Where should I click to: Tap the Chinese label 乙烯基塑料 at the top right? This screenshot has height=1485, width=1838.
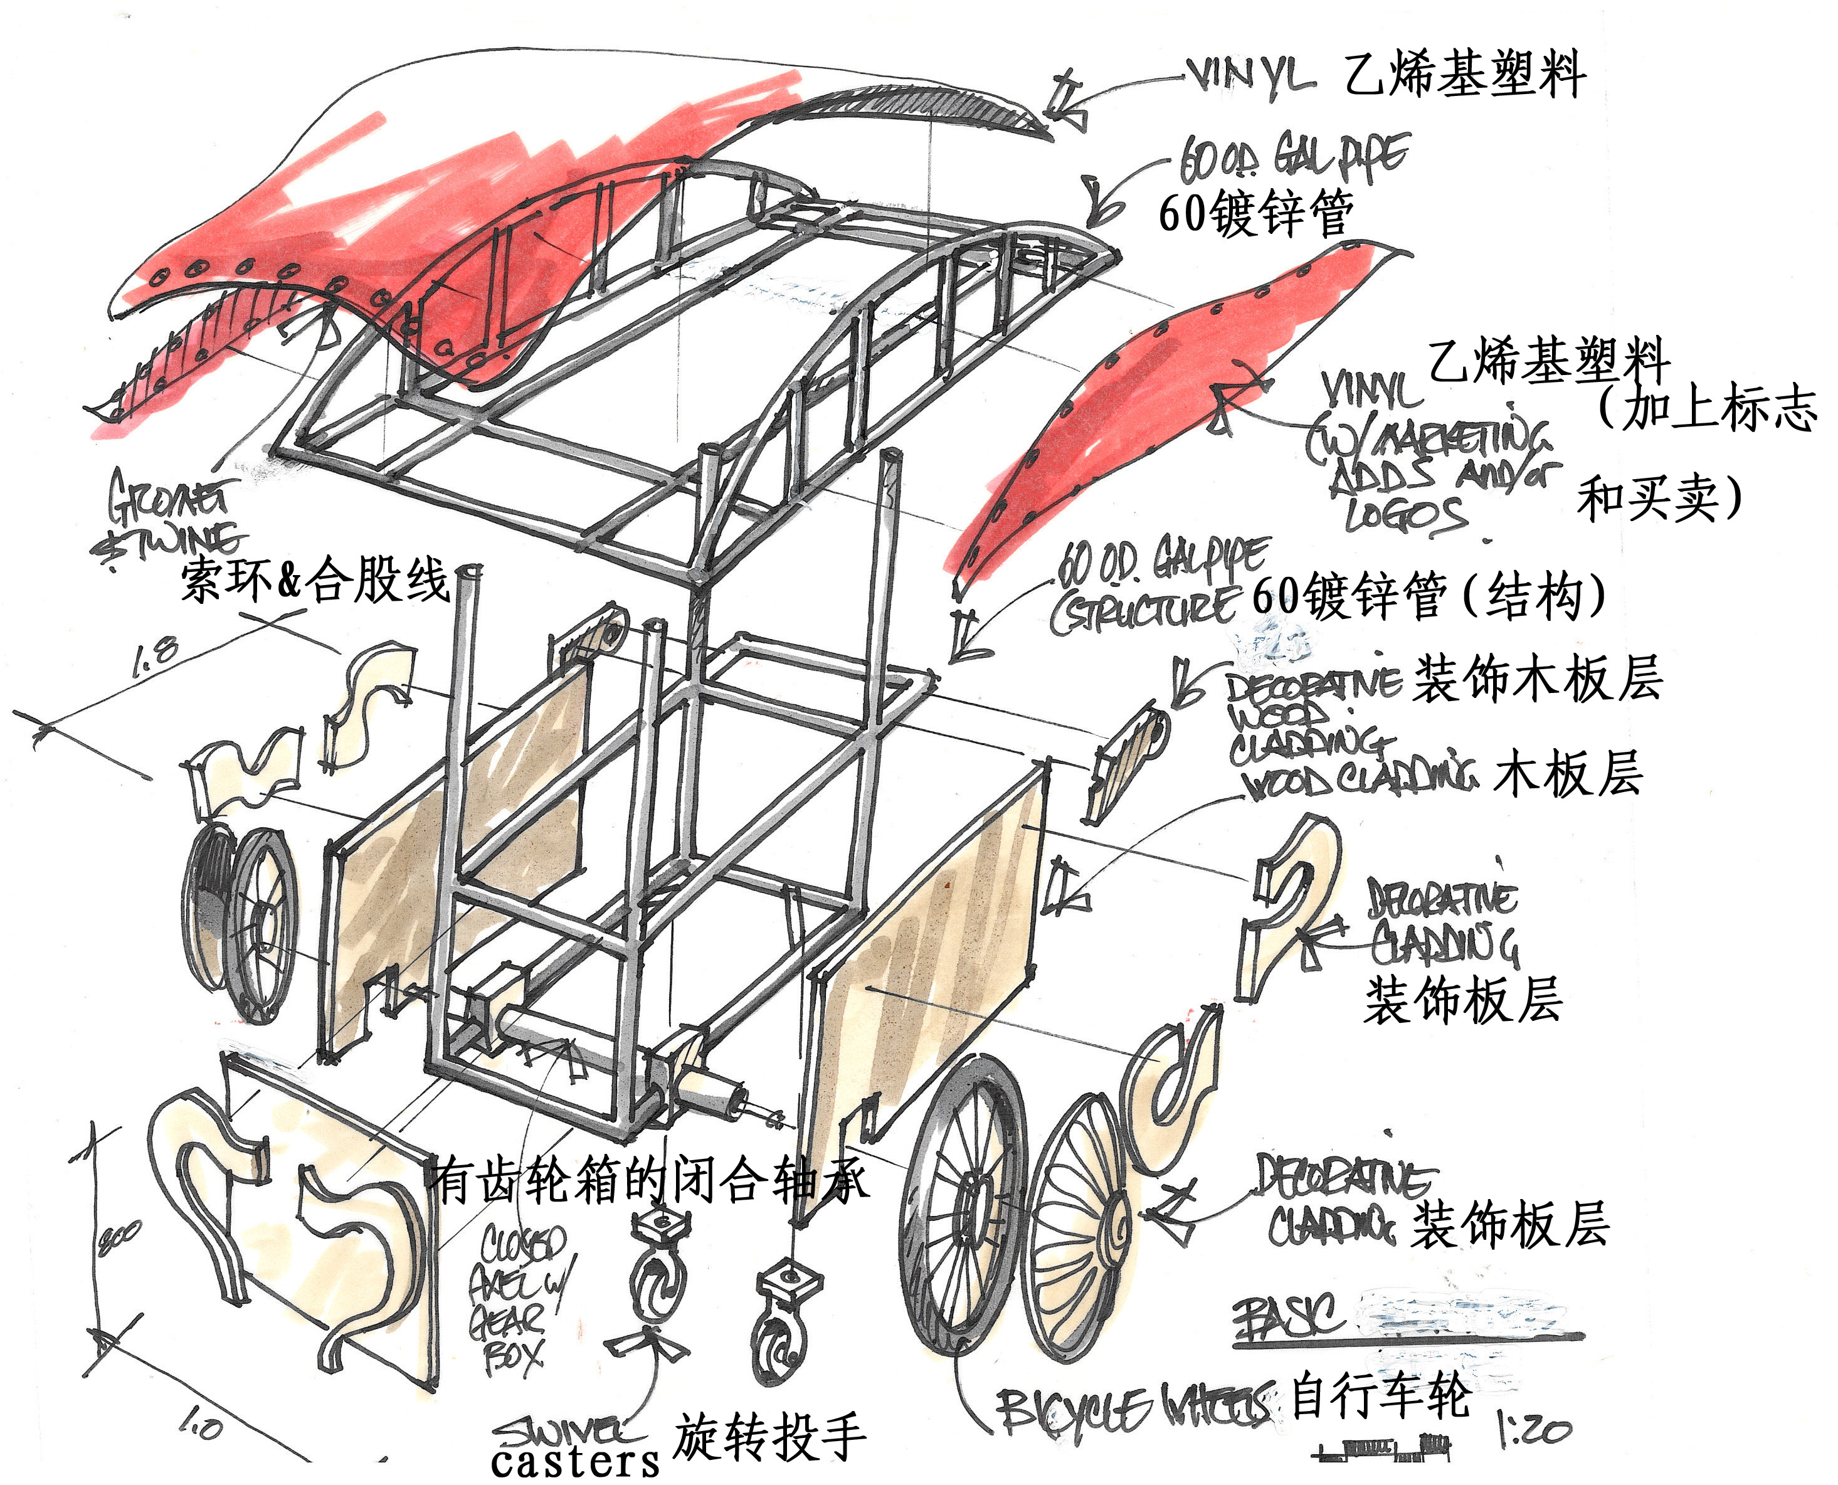click(x=1464, y=75)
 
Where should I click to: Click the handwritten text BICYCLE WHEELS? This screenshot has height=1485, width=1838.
click(x=1133, y=1409)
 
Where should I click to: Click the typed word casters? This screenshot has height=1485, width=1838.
click(x=575, y=1461)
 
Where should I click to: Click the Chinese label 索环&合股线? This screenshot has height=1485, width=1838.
click(x=315, y=580)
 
